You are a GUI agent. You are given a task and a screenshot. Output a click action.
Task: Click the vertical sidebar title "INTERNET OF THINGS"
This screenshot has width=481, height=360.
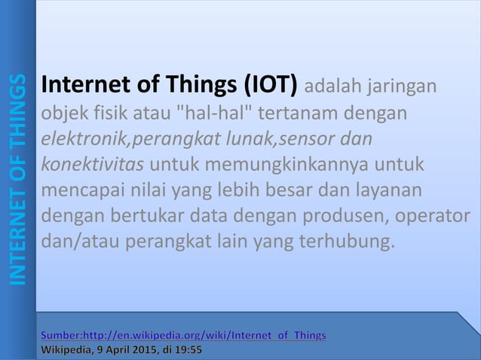(x=17, y=179)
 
